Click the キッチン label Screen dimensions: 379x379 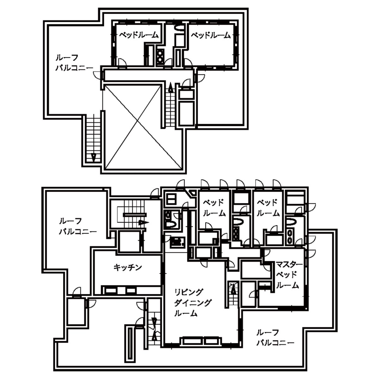tap(128, 268)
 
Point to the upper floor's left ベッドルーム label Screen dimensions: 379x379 tap(139, 35)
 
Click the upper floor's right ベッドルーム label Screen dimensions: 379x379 tap(211, 35)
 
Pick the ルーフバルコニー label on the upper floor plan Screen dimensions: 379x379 tap(74, 63)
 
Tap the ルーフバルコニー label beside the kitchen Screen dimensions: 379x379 tap(78, 226)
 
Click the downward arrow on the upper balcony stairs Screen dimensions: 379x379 tap(94, 158)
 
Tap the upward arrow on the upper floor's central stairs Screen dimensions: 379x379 tap(171, 88)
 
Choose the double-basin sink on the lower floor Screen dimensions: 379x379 tap(290, 237)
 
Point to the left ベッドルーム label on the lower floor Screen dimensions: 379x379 tap(214, 208)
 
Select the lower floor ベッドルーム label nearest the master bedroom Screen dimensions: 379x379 tap(268, 208)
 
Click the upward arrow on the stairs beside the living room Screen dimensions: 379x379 tap(233, 289)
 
